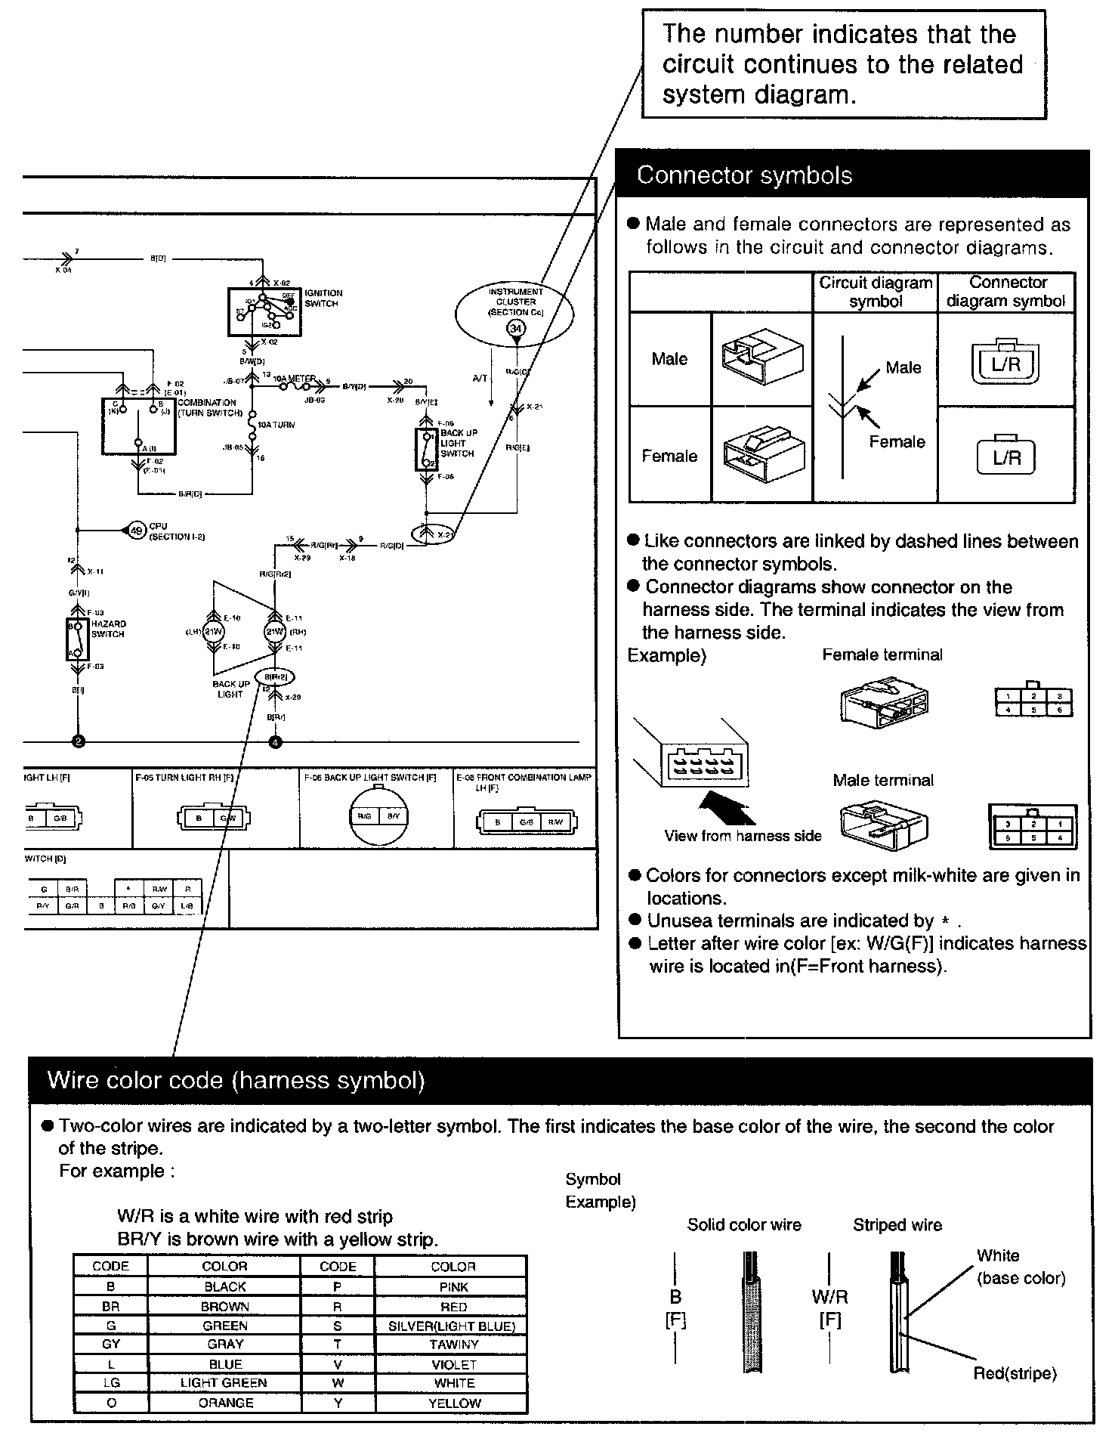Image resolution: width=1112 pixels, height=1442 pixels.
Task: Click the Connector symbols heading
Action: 744,175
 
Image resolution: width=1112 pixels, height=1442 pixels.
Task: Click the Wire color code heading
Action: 236,1080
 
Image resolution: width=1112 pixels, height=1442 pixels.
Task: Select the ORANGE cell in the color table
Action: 225,1403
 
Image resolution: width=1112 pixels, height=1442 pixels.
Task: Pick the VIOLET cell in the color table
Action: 453,1364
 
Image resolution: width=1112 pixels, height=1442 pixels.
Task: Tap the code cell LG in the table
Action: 111,1382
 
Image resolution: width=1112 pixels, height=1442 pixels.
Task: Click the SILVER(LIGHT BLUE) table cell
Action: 451,1326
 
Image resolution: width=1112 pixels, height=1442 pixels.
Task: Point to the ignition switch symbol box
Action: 264,311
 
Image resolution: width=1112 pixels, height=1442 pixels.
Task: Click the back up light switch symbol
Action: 426,450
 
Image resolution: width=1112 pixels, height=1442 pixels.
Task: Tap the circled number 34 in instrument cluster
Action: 516,329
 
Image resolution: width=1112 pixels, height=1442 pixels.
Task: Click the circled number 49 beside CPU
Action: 137,531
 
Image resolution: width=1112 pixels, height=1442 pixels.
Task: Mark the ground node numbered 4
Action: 275,741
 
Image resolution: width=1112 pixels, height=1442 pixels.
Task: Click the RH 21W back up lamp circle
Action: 273,632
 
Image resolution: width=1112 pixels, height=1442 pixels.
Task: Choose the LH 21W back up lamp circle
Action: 213,632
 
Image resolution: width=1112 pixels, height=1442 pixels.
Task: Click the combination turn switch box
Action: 138,426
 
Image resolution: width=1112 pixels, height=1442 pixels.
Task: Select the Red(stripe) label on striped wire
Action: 1014,1373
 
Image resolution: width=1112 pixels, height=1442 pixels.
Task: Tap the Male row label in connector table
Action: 669,359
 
